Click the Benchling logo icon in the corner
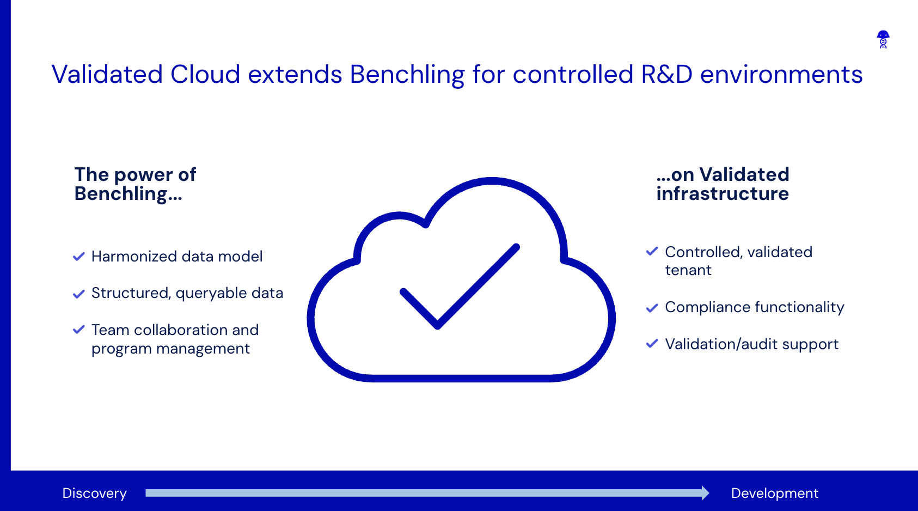coord(883,39)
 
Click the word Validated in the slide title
coord(107,75)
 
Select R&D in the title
coord(666,75)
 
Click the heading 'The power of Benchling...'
coord(135,184)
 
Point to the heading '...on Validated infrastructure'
coord(723,184)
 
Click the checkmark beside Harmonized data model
coord(79,257)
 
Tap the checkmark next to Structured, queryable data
coord(79,294)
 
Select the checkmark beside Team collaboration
coord(79,330)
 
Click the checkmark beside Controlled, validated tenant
coord(652,252)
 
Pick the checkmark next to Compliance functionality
coord(652,308)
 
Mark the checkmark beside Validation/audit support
coord(652,344)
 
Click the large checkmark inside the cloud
coord(460,286)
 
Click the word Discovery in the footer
coord(95,493)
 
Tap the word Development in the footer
coord(774,493)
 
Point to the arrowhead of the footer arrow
coord(705,493)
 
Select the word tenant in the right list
coord(688,270)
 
